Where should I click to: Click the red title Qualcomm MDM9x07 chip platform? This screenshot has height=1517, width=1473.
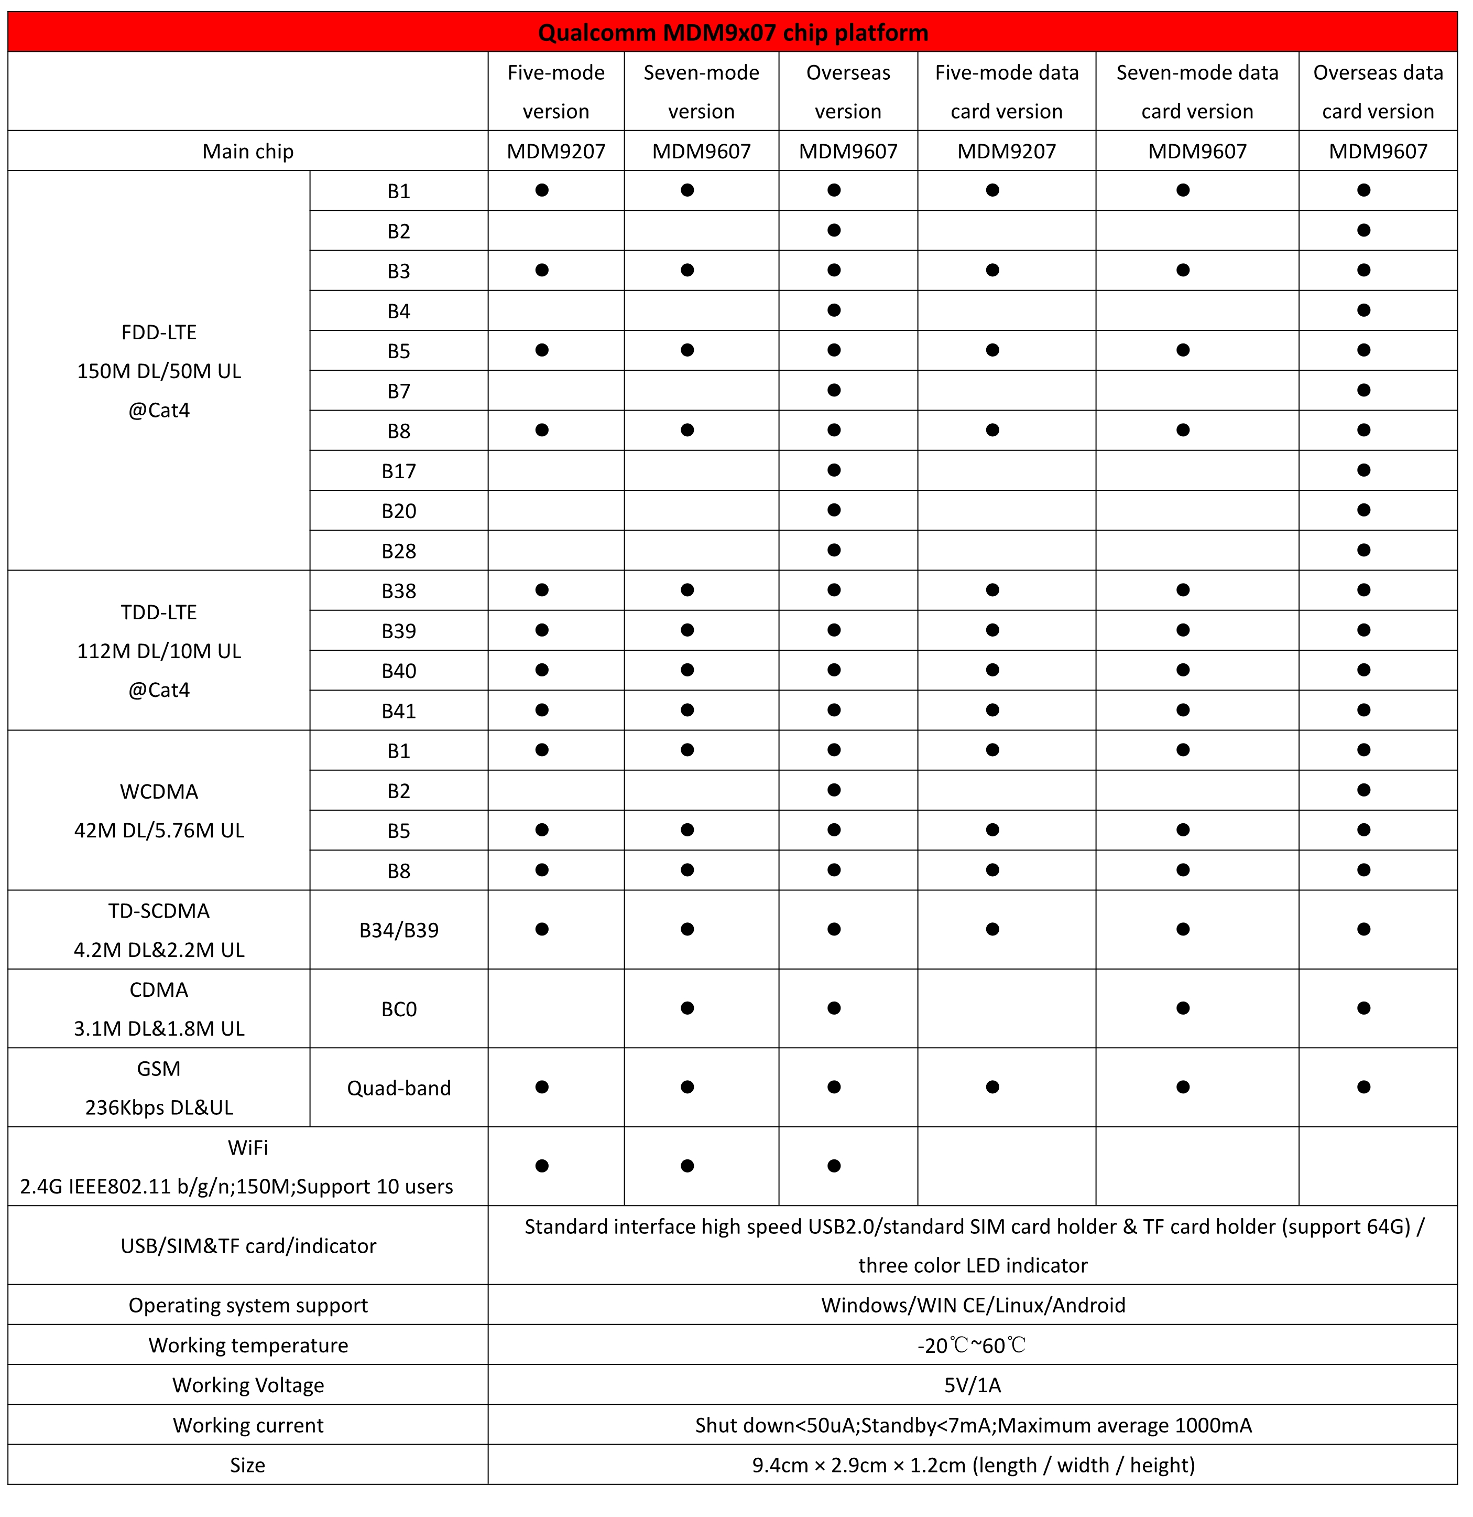pos(733,33)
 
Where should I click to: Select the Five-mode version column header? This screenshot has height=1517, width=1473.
pos(555,91)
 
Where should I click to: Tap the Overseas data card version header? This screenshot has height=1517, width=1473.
pos(1378,91)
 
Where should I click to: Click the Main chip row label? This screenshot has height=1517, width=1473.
pos(247,151)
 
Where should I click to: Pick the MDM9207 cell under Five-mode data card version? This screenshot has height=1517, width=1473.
pos(1007,151)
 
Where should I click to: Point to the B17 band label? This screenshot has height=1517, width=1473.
pos(398,471)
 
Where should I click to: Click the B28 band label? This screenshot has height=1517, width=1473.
pos(398,551)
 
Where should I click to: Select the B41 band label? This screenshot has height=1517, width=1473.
pos(398,711)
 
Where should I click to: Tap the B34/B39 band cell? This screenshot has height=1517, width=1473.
pos(398,930)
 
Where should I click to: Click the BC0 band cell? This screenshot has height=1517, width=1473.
pos(398,1009)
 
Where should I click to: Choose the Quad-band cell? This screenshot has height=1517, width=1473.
pos(398,1088)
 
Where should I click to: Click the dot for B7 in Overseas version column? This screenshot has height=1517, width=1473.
pos(834,390)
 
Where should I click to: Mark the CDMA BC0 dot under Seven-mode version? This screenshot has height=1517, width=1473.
pos(687,1008)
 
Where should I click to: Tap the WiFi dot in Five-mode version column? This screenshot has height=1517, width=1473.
pos(541,1166)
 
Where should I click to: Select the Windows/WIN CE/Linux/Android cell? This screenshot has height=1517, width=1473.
pos(973,1305)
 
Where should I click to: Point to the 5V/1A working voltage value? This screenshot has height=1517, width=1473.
pos(973,1385)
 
